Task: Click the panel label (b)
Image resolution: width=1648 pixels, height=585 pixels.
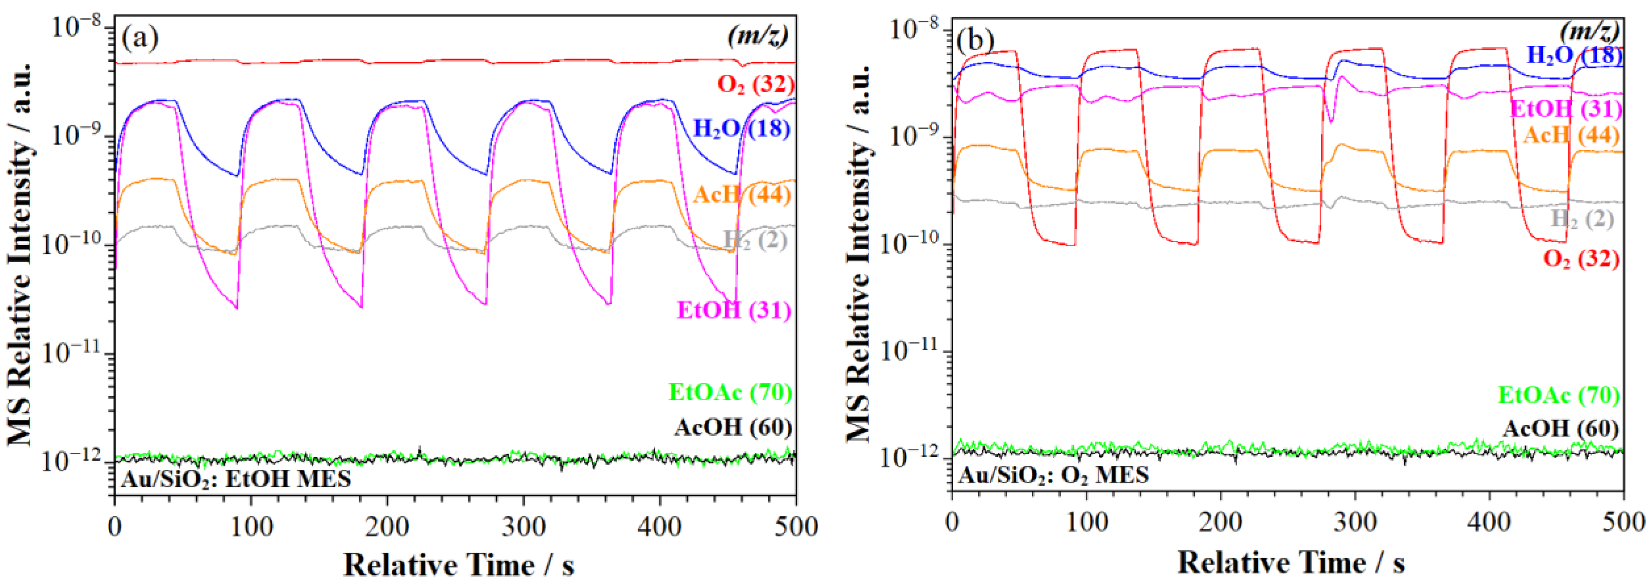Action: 975,41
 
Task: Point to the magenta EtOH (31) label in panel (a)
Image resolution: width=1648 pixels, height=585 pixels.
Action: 734,310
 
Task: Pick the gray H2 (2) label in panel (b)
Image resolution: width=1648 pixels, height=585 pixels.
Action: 1582,219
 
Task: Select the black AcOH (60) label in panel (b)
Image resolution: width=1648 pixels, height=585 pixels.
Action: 1560,428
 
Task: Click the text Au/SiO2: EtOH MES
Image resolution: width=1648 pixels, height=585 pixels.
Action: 236,479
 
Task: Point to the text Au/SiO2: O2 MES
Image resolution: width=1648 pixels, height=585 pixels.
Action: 1053,475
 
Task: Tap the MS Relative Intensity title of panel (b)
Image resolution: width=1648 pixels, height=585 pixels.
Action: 859,253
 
